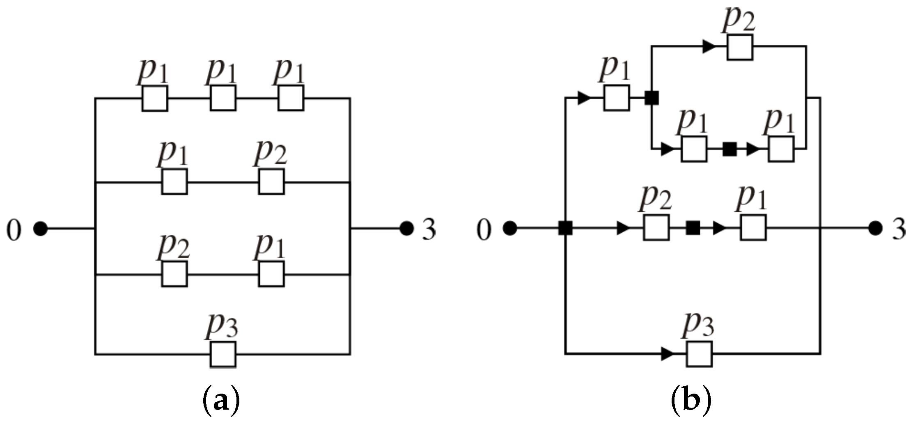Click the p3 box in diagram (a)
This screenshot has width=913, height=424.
(223, 354)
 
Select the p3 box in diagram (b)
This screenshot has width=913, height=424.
(699, 353)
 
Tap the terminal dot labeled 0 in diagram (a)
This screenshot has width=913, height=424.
(40, 228)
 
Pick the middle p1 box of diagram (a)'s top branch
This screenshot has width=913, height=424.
(223, 98)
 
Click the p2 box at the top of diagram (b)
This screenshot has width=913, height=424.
(740, 47)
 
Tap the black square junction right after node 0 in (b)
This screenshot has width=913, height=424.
(565, 228)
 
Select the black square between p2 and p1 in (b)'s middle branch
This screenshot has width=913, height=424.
(693, 227)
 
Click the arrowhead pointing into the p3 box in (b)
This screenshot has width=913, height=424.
(668, 353)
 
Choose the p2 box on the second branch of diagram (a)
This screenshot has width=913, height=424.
(271, 181)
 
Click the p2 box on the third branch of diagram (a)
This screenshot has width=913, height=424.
(174, 274)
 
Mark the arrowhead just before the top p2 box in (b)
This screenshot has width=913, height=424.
(709, 47)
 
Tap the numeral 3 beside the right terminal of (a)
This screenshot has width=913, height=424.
(429, 229)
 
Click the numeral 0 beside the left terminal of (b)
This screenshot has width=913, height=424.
(484, 230)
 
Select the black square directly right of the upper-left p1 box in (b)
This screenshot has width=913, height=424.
(651, 98)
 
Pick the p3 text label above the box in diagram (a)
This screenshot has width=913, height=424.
(222, 325)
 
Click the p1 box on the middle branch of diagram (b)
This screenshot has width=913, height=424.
(753, 227)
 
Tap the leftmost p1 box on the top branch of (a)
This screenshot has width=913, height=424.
(155, 98)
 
